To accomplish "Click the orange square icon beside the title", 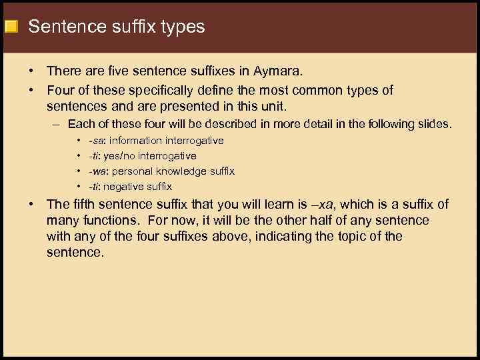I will click(10, 27).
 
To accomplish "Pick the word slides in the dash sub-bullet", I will click(434, 124).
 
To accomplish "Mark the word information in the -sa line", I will click(136, 141).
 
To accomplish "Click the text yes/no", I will click(119, 156).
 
